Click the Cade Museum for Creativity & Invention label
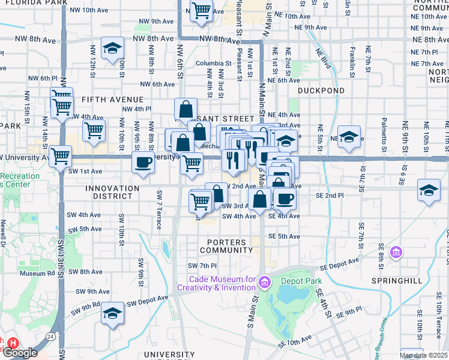point(222,284)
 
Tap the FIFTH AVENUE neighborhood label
point(112,99)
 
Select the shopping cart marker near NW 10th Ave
point(201,10)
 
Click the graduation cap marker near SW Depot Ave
point(112,313)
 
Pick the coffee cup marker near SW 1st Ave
point(143,162)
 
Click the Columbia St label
point(209,63)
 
